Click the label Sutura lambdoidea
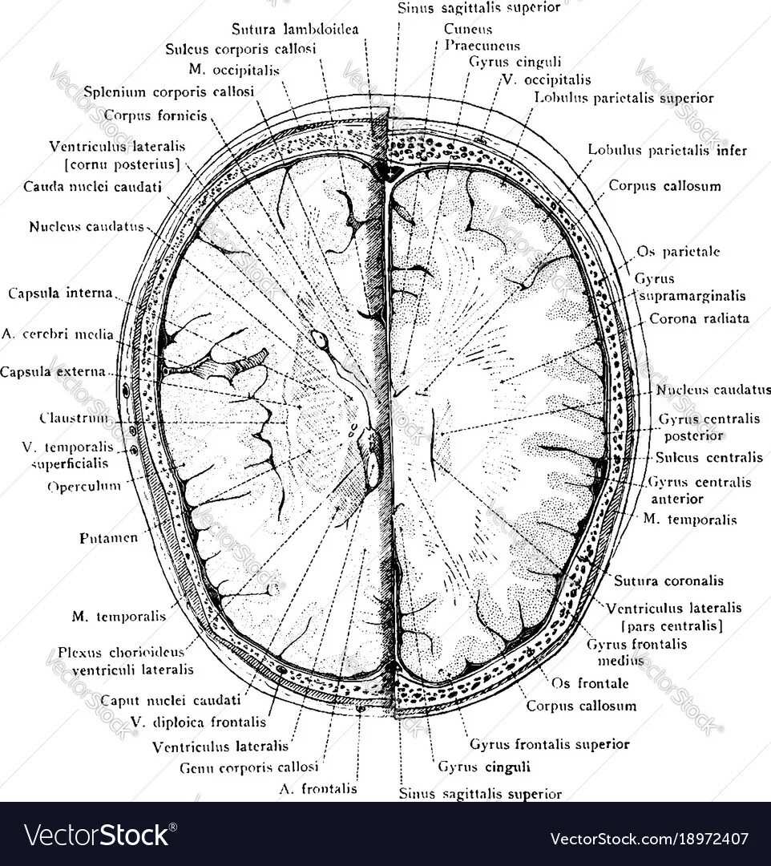pos(295,30)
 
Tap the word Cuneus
pos(462,30)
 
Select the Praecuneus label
pos(482,46)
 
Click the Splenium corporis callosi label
pos(168,91)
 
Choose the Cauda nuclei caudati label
pos(93,187)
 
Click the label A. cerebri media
pos(58,334)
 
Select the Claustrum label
pos(73,418)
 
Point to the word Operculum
pos(83,486)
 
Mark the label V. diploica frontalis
pos(197,722)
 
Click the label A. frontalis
pos(317,789)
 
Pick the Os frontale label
pos(591,683)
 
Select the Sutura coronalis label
pos(668,581)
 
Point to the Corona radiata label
pos(699,318)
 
